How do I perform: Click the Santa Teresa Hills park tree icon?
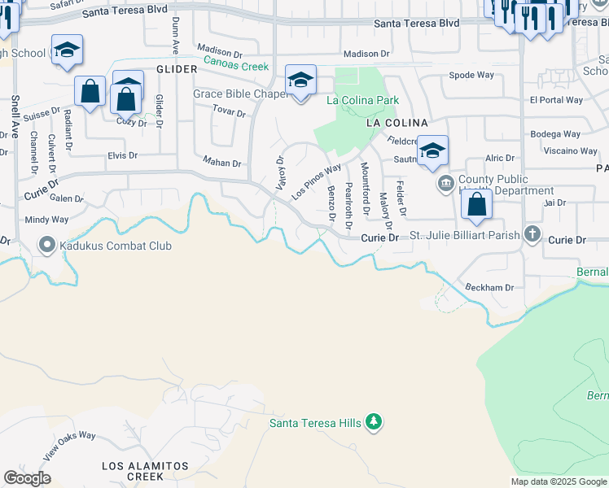(x=374, y=422)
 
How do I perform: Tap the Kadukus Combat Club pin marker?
(x=46, y=244)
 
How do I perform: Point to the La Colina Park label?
(x=362, y=100)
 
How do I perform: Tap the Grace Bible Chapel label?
(x=241, y=94)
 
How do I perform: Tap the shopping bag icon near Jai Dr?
(x=477, y=204)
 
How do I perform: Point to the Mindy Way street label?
(x=46, y=220)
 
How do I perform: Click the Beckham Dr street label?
(x=489, y=288)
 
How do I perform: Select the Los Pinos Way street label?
(x=316, y=182)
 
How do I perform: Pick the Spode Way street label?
(x=471, y=76)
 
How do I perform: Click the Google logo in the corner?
(x=27, y=478)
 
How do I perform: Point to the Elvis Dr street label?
(x=122, y=155)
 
